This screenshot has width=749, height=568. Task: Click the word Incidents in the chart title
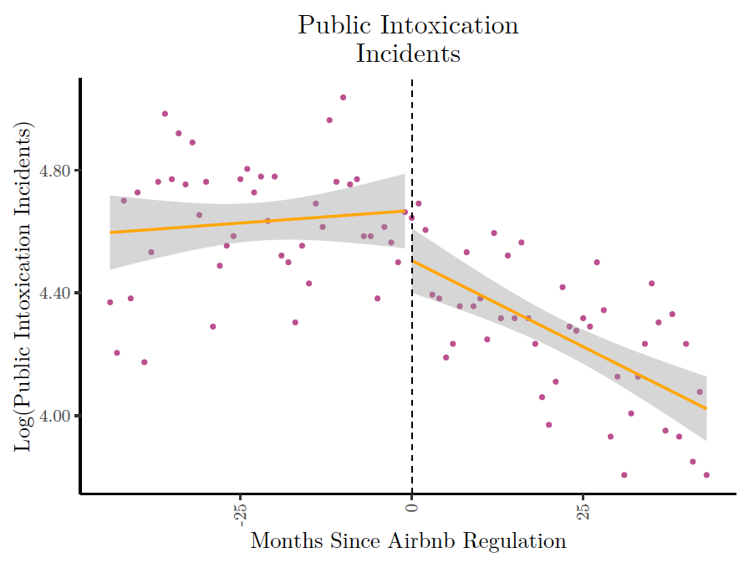pyautogui.click(x=408, y=54)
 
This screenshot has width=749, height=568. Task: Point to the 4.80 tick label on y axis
pyautogui.click(x=56, y=171)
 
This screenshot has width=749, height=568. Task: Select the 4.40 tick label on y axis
pyautogui.click(x=56, y=294)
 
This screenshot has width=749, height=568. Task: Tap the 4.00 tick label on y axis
pyautogui.click(x=56, y=416)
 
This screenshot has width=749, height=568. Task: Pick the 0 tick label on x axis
pyautogui.click(x=411, y=507)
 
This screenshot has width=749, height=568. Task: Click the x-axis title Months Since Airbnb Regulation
pyautogui.click(x=408, y=541)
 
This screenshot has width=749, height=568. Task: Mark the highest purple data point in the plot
pyautogui.click(x=343, y=98)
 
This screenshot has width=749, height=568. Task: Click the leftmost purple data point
pyautogui.click(x=110, y=302)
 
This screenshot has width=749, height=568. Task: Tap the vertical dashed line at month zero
pyautogui.click(x=412, y=335)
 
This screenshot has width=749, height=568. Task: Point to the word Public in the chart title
pyautogui.click(x=327, y=25)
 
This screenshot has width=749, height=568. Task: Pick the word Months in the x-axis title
pyautogui.click(x=283, y=541)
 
